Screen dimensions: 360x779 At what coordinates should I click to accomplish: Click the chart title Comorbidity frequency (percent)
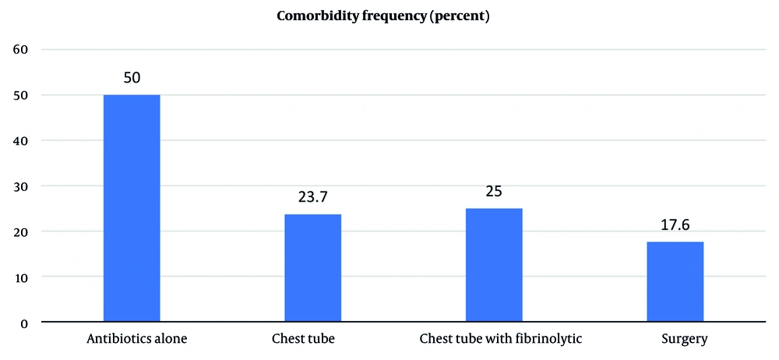click(383, 16)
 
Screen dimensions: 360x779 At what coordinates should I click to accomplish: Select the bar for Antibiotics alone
click(132, 208)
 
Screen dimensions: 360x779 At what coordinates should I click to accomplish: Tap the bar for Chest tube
click(312, 268)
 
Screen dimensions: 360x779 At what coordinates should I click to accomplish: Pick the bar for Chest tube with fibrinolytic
click(494, 265)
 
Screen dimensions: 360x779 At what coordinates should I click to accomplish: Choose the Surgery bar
click(675, 281)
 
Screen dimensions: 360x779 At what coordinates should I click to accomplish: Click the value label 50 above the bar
click(132, 79)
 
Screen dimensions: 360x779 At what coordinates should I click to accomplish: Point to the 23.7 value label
click(312, 198)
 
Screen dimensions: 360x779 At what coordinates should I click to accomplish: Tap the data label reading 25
click(494, 192)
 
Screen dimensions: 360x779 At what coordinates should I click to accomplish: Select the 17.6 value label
click(675, 226)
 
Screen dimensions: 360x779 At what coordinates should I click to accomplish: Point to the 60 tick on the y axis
click(19, 50)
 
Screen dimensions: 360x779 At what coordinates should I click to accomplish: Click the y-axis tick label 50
click(19, 95)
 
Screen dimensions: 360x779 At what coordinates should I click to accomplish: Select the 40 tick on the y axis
click(19, 140)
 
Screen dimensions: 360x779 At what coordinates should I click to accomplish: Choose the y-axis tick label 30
click(19, 186)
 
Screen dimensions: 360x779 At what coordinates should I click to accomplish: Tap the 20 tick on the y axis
click(19, 231)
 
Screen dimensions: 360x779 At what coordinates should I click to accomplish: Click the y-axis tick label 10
click(19, 277)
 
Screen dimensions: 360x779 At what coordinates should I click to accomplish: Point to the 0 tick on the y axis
click(23, 323)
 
